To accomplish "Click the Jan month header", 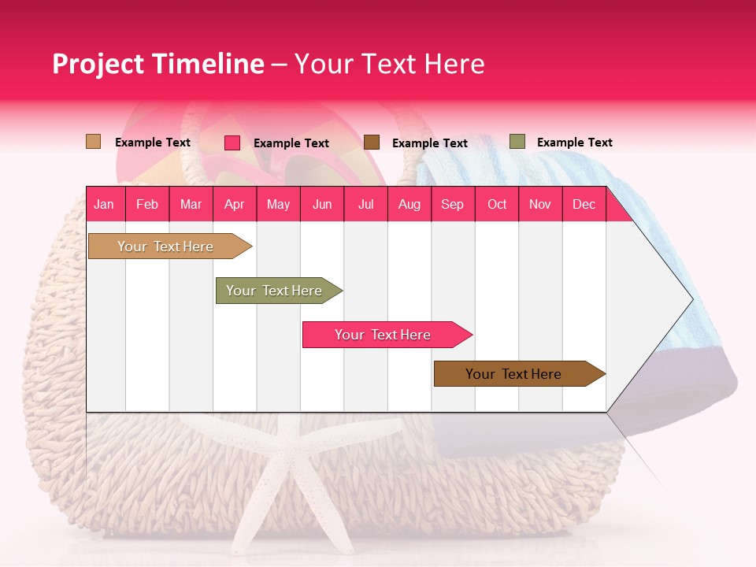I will (x=104, y=205).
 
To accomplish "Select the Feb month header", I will (x=147, y=205).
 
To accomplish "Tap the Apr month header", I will (x=234, y=205).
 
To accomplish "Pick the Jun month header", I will (x=322, y=205).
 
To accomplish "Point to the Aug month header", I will (x=409, y=205).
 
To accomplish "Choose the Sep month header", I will (x=452, y=205).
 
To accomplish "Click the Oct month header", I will (x=497, y=205).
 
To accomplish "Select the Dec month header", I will (x=584, y=205).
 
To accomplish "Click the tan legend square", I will (x=93, y=142).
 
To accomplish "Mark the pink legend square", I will (x=232, y=143).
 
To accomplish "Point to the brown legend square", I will (x=372, y=142).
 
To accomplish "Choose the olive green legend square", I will (x=517, y=142).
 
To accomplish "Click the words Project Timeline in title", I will (x=158, y=64).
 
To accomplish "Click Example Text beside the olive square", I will (x=574, y=143).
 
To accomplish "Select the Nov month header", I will (x=540, y=205).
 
